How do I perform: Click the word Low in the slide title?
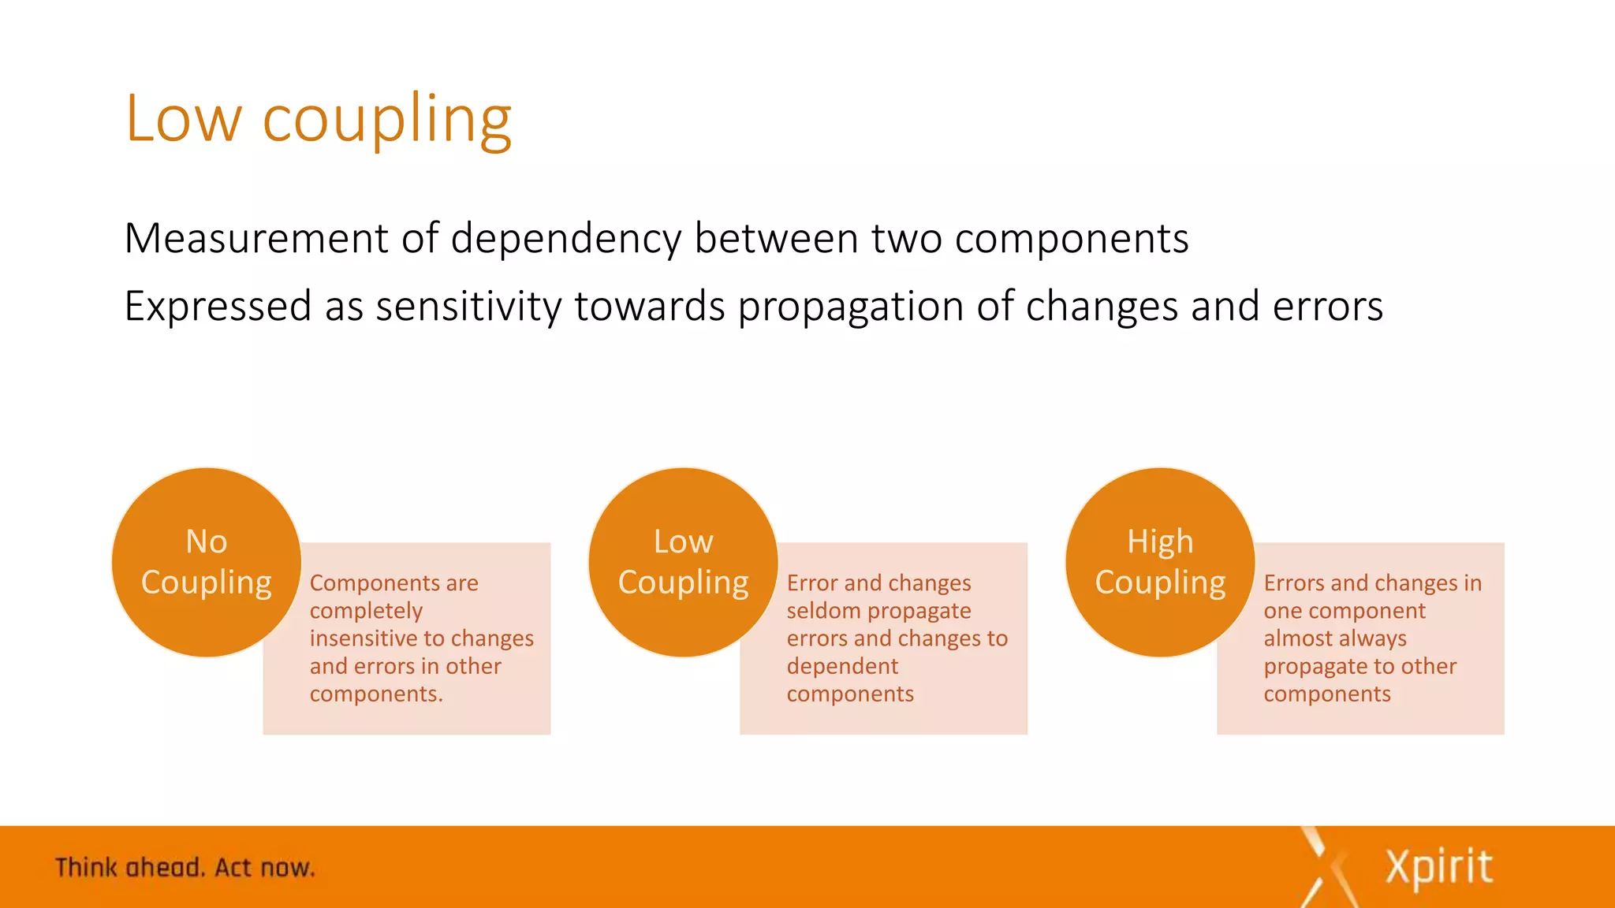point(183,120)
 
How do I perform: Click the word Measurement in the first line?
point(255,238)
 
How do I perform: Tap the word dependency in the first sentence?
point(565,240)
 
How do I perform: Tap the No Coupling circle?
point(207,562)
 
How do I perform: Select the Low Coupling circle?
point(683,562)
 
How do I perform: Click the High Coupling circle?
point(1160,562)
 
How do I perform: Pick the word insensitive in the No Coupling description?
point(365,638)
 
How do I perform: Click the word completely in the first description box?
point(366,612)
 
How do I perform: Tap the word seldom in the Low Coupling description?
point(823,611)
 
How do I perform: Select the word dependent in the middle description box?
point(842,667)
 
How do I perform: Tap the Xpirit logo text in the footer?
point(1439,869)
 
